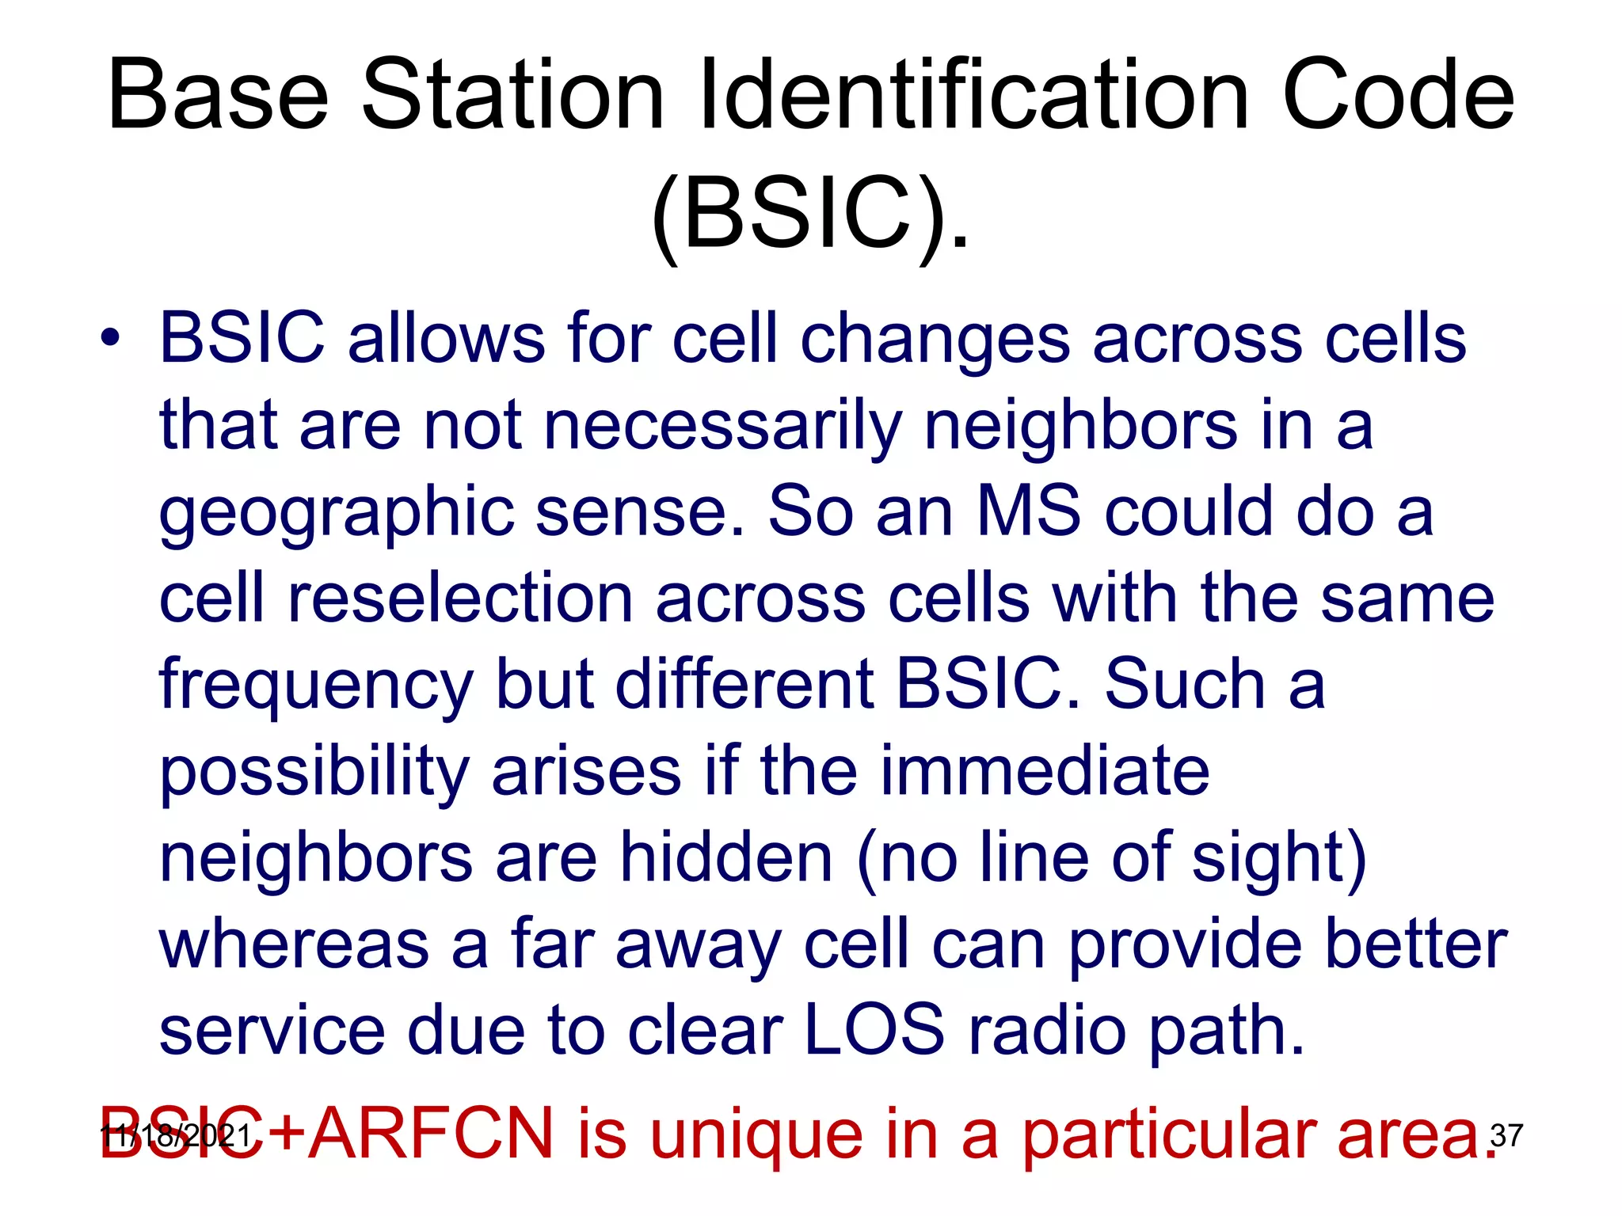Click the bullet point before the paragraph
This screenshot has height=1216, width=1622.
[x=110, y=340]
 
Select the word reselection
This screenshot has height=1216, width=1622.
[x=459, y=598]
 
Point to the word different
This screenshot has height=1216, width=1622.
[x=744, y=684]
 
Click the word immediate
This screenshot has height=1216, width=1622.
[x=1045, y=771]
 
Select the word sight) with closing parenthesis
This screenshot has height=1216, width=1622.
[x=1279, y=860]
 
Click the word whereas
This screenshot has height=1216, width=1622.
[x=294, y=944]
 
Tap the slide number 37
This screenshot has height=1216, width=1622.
[x=1506, y=1135]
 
